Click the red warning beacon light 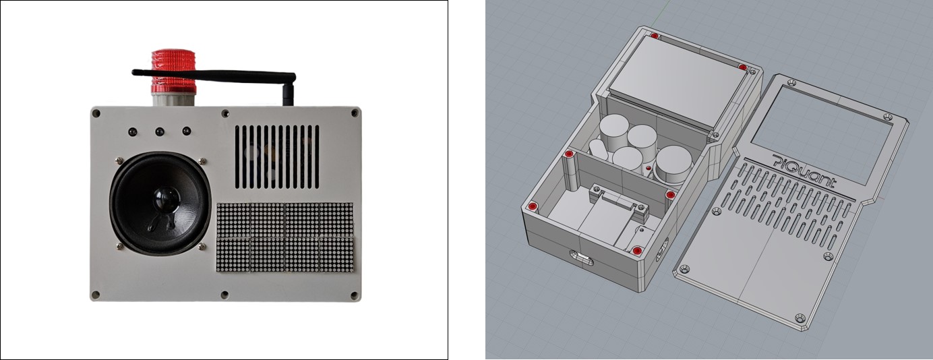point(173,71)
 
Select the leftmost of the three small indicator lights point(133,131)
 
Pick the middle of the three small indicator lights point(160,131)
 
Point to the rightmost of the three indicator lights point(186,131)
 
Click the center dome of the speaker point(161,200)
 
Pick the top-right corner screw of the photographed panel point(353,112)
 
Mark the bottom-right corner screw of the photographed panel point(353,294)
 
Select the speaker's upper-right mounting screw point(202,160)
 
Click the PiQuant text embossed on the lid point(805,172)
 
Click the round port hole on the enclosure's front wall point(579,257)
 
